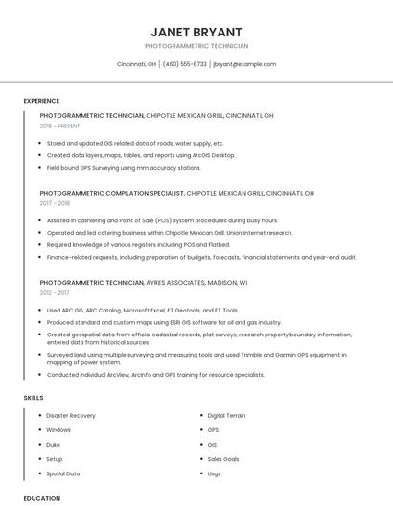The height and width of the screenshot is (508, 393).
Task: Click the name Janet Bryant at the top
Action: coord(196,32)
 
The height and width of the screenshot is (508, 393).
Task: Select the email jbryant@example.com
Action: coord(244,64)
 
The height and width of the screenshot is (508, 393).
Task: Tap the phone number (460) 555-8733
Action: coord(184,64)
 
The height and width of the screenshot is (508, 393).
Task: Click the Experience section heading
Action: coord(41,101)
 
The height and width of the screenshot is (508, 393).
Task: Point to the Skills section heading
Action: coord(34,397)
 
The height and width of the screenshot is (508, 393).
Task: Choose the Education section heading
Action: coord(41,498)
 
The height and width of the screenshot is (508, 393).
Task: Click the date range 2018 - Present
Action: coord(60,126)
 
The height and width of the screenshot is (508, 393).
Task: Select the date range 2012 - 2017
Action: coord(55,293)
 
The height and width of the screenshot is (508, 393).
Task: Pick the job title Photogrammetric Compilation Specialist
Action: coord(111,193)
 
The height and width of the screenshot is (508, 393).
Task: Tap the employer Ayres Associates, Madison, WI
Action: coord(196,283)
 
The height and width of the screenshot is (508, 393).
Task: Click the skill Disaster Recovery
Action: coord(71,416)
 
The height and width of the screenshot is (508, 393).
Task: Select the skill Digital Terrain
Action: coord(226,416)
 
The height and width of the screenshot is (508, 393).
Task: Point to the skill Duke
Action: coord(54,445)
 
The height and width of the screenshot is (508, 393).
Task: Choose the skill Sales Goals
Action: coord(223,459)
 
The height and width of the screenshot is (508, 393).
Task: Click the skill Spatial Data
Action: coord(63,473)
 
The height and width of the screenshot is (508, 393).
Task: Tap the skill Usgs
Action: coord(214,473)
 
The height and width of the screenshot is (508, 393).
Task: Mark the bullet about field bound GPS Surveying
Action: coord(124,167)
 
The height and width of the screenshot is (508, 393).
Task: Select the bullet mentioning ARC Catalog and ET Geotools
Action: coord(143,311)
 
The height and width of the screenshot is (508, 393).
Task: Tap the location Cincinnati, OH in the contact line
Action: coord(136,64)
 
